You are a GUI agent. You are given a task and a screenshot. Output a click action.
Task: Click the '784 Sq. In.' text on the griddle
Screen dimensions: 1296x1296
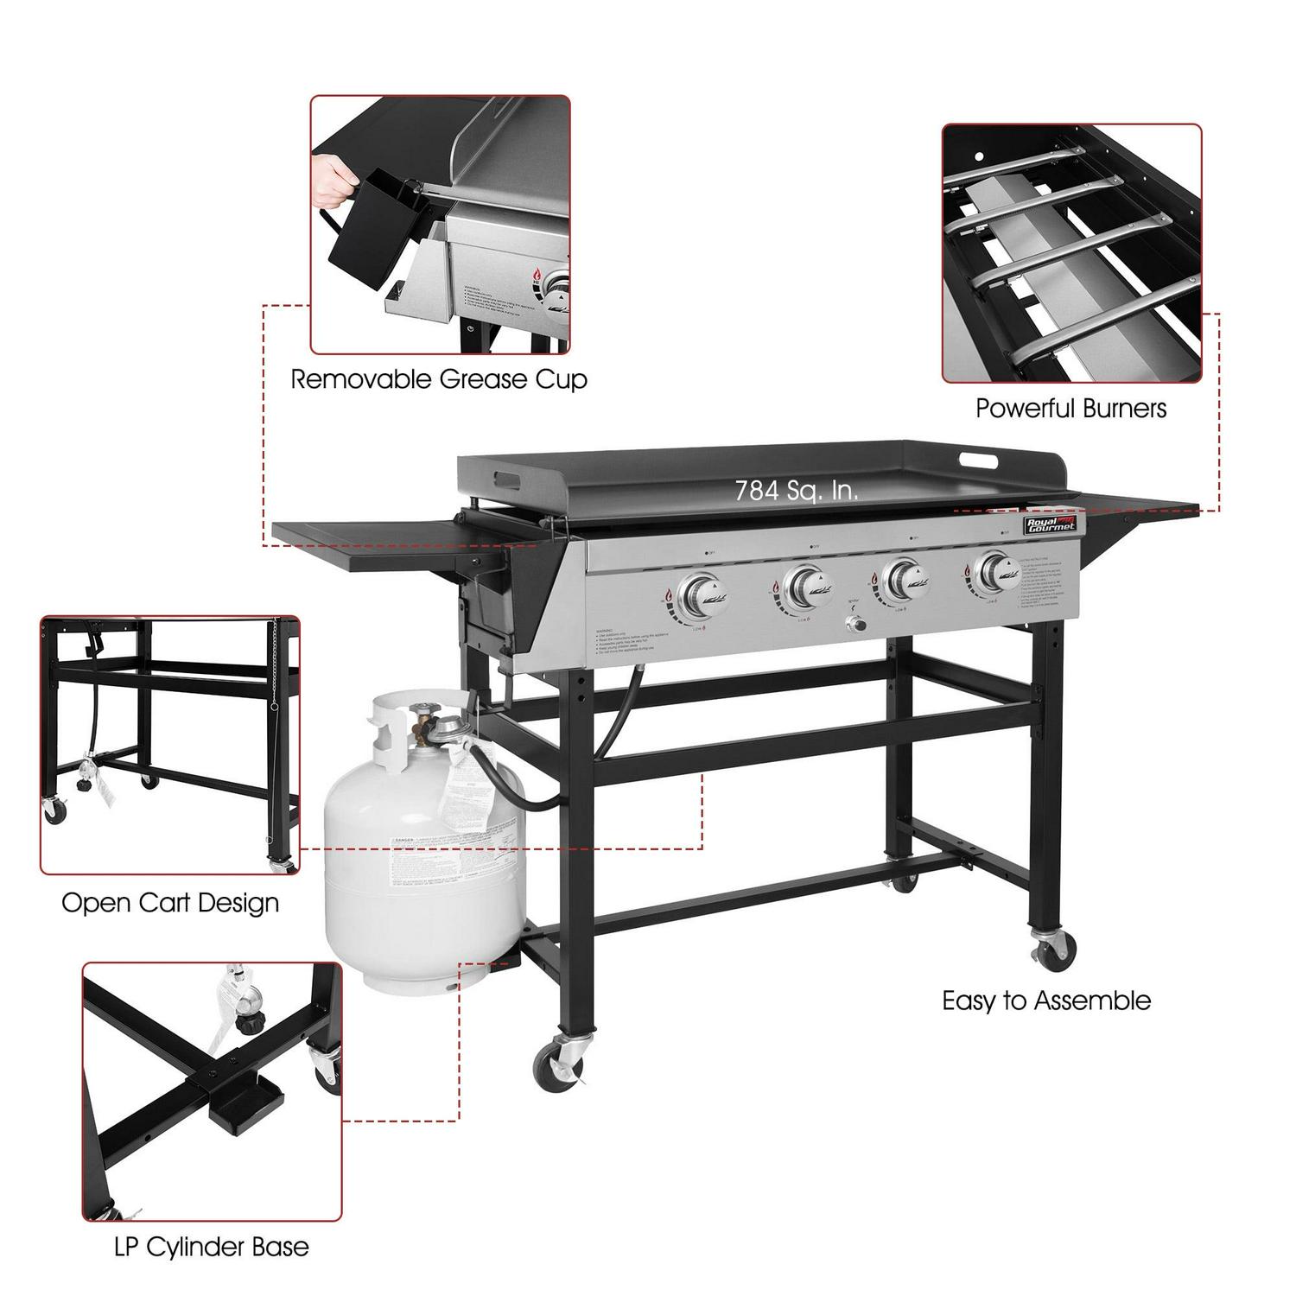click(x=796, y=491)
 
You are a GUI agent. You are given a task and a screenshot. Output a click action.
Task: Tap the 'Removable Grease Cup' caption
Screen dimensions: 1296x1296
click(x=439, y=379)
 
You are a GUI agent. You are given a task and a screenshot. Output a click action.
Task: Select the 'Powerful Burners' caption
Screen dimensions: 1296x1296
click(x=1070, y=408)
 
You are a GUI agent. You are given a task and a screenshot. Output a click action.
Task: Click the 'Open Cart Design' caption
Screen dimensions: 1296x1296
click(x=170, y=903)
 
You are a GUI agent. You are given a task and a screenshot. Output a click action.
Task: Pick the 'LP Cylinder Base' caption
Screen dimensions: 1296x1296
click(x=211, y=1247)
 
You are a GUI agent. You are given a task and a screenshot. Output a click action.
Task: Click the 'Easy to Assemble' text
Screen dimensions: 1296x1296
click(x=1046, y=1001)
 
